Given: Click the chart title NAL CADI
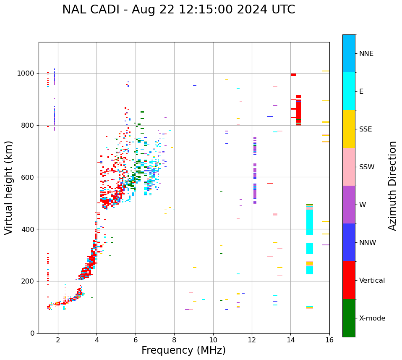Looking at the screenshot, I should pyautogui.click(x=178, y=10).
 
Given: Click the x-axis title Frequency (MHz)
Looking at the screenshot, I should pyautogui.click(x=183, y=350).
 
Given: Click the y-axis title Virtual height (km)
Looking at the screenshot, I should pyautogui.click(x=9, y=187).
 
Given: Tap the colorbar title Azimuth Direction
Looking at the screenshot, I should pyautogui.click(x=392, y=186).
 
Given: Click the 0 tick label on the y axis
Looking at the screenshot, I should pyautogui.click(x=32, y=333).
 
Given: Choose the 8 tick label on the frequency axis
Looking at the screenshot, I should pyautogui.click(x=174, y=340).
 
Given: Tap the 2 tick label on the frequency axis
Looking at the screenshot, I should pyautogui.click(x=58, y=340).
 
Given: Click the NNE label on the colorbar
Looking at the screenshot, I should pyautogui.click(x=366, y=54).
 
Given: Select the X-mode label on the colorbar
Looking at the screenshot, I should pyautogui.click(x=372, y=318).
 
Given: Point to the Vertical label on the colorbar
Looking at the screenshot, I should pyautogui.click(x=372, y=281).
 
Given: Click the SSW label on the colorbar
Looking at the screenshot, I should pyautogui.click(x=367, y=167).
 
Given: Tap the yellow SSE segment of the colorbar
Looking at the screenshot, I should pyautogui.click(x=349, y=129).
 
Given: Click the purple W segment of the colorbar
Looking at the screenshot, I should pyautogui.click(x=349, y=205).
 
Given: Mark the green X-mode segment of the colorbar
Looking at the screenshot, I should pyautogui.click(x=349, y=318).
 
